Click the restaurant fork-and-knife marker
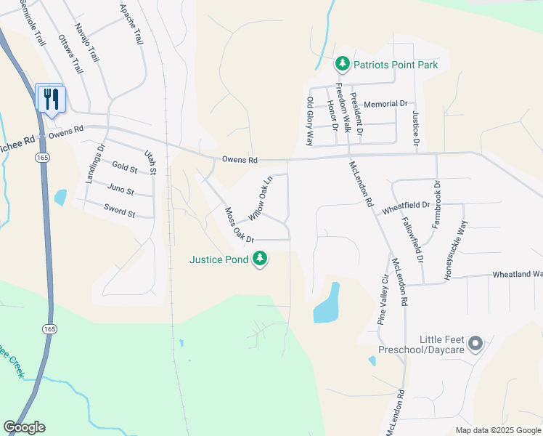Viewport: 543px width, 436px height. (51, 98)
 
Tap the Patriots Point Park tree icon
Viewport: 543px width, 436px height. (343, 65)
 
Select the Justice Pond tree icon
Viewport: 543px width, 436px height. (259, 259)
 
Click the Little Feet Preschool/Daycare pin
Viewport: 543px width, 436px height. (475, 343)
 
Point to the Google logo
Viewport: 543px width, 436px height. (24, 427)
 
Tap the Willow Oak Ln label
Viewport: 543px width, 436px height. (260, 198)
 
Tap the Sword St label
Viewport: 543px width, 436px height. (120, 214)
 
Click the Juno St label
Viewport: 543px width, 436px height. (121, 191)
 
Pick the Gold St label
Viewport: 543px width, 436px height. (124, 169)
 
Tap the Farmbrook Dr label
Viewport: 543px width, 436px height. (436, 203)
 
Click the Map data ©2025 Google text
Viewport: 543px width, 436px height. (497, 430)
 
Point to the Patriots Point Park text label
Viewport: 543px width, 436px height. (396, 65)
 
